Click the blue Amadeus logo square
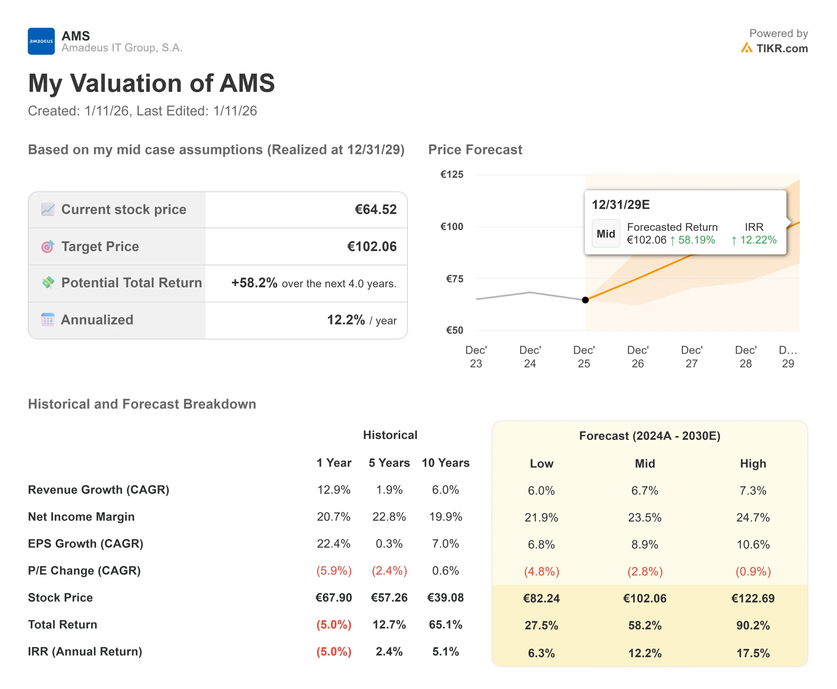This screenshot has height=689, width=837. pyautogui.click(x=41, y=41)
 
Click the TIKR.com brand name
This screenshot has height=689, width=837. pyautogui.click(x=781, y=48)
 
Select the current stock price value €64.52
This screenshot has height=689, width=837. pyautogui.click(x=375, y=210)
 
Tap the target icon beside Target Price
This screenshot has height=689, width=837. pyautogui.click(x=48, y=246)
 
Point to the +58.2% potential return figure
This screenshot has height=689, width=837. pyautogui.click(x=254, y=283)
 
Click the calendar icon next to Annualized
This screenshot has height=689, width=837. pyautogui.click(x=48, y=320)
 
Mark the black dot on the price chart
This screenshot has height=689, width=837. pyautogui.click(x=585, y=300)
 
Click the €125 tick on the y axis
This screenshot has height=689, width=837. pyautogui.click(x=452, y=175)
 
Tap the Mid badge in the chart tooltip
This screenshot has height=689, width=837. pyautogui.click(x=606, y=234)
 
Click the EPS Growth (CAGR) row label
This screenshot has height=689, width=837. pyautogui.click(x=85, y=544)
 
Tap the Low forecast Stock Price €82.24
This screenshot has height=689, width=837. pyautogui.click(x=541, y=598)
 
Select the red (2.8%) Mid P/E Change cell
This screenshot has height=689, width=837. pyautogui.click(x=644, y=572)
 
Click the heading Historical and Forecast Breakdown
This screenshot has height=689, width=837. pyautogui.click(x=142, y=404)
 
